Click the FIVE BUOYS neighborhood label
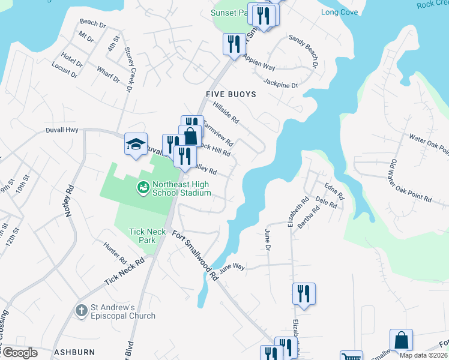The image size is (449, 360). pos(231,94)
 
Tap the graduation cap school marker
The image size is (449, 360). pos(136,143)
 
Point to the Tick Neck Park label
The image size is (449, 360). pos(143,236)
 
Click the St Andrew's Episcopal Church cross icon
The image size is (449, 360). pos(82,311)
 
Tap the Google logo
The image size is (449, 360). pos(19,353)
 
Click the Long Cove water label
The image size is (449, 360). pos(339,12)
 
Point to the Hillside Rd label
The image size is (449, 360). pos(226,112)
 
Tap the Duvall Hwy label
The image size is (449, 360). pos(62,130)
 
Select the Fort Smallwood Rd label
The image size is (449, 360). pos(194,256)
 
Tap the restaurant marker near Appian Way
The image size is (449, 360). pos(234,44)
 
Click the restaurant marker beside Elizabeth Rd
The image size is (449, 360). pos(303,294)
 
